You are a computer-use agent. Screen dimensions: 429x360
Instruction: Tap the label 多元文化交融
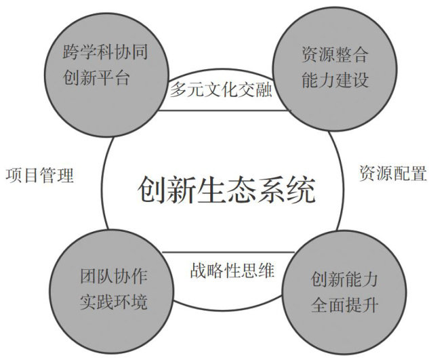[x=220, y=89]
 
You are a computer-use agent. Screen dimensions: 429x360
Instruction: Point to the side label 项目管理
[x=39, y=175]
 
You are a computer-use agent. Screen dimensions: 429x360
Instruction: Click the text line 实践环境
[x=113, y=302]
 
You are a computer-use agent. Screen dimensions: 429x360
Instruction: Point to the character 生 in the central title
[x=211, y=189]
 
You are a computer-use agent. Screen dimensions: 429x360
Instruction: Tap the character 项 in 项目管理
[x=14, y=175]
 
